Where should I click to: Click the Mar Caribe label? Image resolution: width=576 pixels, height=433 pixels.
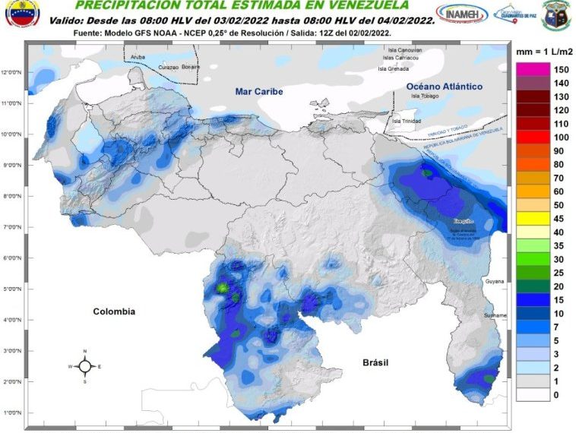click(x=258, y=91)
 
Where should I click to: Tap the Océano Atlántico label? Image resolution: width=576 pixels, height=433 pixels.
click(x=439, y=86)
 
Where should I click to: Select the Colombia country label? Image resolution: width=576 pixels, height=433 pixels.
click(x=114, y=311)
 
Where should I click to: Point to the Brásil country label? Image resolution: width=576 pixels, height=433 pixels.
click(x=375, y=362)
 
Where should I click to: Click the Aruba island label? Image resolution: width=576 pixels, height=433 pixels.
click(x=138, y=57)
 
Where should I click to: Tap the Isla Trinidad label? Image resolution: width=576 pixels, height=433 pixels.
click(x=406, y=121)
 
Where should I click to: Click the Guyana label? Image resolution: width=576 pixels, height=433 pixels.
click(x=495, y=281)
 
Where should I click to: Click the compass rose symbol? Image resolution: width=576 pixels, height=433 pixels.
click(x=85, y=366)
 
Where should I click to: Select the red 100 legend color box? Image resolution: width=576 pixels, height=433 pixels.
click(x=533, y=137)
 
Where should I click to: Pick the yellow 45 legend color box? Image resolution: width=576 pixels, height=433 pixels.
click(x=533, y=219)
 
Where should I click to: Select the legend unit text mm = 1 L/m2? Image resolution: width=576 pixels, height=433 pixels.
click(x=543, y=52)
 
